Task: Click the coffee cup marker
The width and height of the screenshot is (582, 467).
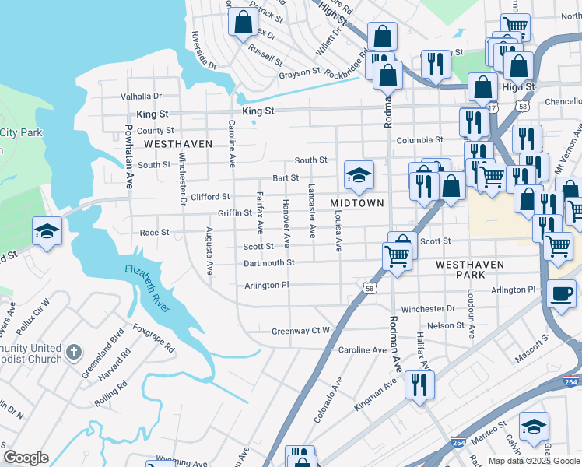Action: [x=561, y=294]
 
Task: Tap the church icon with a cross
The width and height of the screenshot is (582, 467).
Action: [x=74, y=353]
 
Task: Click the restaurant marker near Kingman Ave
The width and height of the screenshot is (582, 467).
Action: [x=419, y=383]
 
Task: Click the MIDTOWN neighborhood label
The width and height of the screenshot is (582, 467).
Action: [x=357, y=202]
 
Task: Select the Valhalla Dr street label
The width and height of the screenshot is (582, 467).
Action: [x=141, y=97]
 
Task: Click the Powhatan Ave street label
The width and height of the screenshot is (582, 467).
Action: [x=128, y=155]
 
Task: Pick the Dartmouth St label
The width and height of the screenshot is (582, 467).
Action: [x=268, y=263]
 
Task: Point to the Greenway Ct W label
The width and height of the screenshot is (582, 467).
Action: [x=300, y=332]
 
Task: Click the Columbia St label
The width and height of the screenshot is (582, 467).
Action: [x=419, y=140]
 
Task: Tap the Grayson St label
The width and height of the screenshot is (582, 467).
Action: [x=300, y=74]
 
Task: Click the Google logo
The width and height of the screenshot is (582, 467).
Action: [x=26, y=457]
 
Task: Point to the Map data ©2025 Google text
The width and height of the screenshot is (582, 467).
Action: [x=532, y=461]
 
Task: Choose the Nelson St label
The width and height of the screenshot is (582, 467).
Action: [x=445, y=325]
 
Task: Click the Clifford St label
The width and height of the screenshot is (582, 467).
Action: [x=211, y=197]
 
